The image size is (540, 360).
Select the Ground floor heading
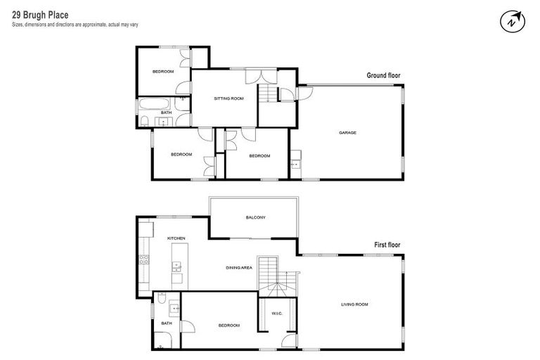(383, 75)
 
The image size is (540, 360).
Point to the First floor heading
(387, 245)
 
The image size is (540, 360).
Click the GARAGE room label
(348, 132)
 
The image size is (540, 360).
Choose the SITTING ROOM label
(229, 98)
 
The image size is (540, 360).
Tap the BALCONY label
(255, 217)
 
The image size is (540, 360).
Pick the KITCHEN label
(176, 239)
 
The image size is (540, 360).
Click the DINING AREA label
(239, 268)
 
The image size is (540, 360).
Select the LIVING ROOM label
(354, 304)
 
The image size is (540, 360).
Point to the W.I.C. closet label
(276, 313)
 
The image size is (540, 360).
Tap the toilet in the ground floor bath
(143, 122)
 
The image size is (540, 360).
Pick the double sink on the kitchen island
(176, 266)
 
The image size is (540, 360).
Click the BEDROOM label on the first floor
(229, 326)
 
